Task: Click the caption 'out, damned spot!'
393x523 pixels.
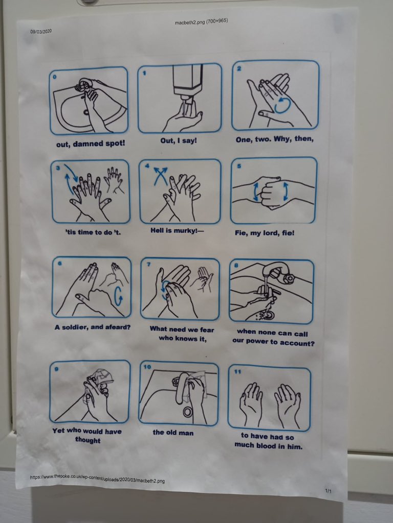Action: coord(90,144)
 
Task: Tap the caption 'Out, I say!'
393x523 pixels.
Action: coord(178,140)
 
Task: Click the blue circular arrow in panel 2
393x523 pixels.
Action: coord(281,105)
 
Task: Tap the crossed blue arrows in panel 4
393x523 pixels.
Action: coord(161,177)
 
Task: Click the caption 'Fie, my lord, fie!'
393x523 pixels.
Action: coord(271,233)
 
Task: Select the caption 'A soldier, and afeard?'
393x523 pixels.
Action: coord(93,327)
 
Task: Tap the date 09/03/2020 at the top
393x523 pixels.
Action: coord(40,32)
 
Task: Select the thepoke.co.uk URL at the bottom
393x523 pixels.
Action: coord(98,479)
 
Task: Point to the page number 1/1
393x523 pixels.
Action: coord(328,491)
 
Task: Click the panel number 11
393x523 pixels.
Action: coord(234,373)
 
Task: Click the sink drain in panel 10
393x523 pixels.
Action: coord(187,412)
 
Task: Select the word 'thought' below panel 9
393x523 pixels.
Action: coord(87,440)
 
